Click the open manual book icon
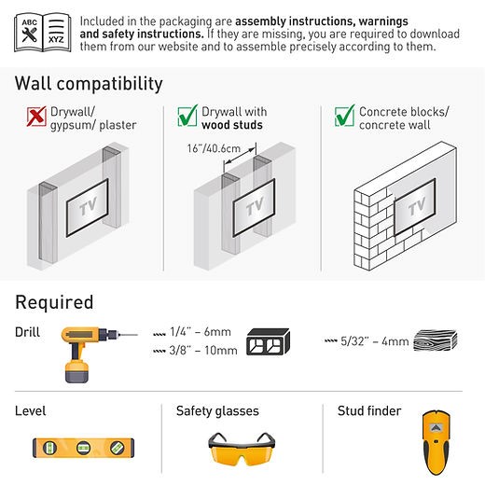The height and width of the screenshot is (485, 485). tap(43, 33)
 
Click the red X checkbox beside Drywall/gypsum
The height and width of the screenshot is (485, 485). tap(36, 117)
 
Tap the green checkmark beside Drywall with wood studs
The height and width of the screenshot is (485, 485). tap(187, 116)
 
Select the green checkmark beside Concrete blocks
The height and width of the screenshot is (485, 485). tap(345, 116)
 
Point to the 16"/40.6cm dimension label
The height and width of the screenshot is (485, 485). tap(214, 148)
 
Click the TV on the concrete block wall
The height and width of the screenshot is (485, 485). tap(414, 206)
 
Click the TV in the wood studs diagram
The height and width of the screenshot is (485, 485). tap(254, 207)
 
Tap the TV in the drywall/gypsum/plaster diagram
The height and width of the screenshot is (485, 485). tap(87, 207)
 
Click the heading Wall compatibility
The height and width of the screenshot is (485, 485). tap(89, 84)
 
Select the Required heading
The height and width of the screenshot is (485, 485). tap(54, 302)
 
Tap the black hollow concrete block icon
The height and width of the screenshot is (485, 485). tap(268, 341)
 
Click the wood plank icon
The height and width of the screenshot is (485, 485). tap(436, 340)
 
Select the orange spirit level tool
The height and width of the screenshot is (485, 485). tap(83, 448)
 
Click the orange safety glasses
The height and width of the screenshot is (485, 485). tap(242, 449)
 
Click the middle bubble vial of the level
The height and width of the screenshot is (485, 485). tap(83, 448)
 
